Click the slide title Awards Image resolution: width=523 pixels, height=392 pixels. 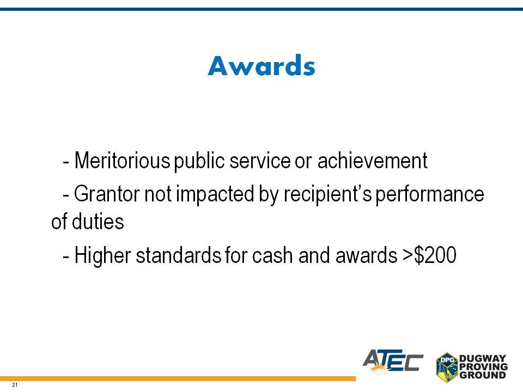pos(261,65)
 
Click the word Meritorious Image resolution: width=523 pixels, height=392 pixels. pos(122,161)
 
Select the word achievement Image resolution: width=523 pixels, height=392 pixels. pos(372,161)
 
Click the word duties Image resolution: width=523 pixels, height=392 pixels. pos(98,222)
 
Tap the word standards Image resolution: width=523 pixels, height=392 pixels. pos(179,255)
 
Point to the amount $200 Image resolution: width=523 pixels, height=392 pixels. pos(435,255)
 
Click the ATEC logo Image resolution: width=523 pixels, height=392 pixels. pos(393,360)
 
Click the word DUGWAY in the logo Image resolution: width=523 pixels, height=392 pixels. pos(483,358)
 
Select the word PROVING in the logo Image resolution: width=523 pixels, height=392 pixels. pos(483,366)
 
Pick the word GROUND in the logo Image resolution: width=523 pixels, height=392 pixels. pos(483,375)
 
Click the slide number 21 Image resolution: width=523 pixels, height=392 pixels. pos(14,385)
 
